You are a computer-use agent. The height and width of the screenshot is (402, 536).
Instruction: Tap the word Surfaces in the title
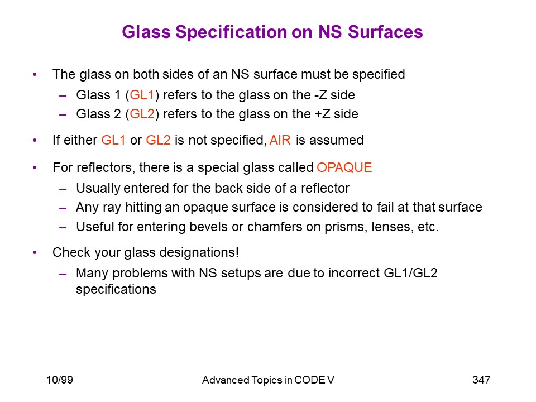385,32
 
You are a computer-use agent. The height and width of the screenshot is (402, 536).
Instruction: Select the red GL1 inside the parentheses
142,95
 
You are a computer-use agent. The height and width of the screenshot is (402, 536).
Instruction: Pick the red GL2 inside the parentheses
142,114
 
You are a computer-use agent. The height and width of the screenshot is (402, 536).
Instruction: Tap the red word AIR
280,140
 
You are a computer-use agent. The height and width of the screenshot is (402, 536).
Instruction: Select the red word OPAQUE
344,167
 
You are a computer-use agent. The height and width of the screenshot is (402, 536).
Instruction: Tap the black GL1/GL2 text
410,273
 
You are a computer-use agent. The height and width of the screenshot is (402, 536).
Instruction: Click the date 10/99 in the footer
60,380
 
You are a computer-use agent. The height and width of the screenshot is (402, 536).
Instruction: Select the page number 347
481,380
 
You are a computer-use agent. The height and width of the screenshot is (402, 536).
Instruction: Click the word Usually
98,188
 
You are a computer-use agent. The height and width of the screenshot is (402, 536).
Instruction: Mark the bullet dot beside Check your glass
35,252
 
